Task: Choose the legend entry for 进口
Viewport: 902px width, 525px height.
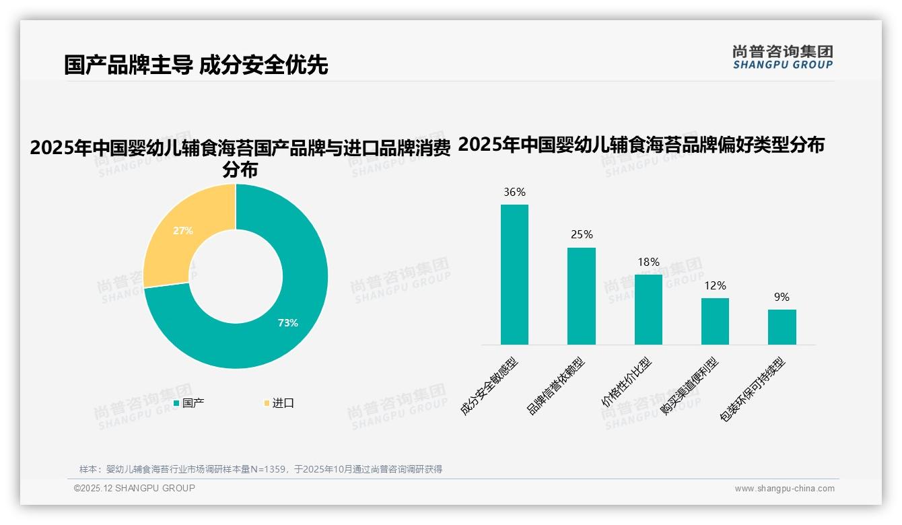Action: click(x=279, y=403)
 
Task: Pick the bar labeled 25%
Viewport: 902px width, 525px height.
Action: click(x=581, y=296)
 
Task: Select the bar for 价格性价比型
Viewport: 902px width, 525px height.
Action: click(x=648, y=310)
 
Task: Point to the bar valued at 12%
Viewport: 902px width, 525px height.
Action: click(x=715, y=321)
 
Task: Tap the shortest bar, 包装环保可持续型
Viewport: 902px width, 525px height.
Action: click(x=782, y=327)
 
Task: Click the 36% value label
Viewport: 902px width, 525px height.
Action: click(x=514, y=193)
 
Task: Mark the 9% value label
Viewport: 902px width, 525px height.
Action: click(x=782, y=297)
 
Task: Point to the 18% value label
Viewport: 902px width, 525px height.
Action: click(x=648, y=262)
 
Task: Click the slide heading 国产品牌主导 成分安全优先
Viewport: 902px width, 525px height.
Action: click(x=196, y=65)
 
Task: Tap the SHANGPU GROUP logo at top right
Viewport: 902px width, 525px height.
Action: click(x=782, y=57)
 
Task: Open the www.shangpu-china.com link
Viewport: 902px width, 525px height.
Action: click(x=784, y=489)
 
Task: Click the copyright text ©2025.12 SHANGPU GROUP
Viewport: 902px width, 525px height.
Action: click(x=135, y=488)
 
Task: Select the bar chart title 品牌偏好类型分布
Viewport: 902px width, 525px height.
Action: click(x=641, y=145)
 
